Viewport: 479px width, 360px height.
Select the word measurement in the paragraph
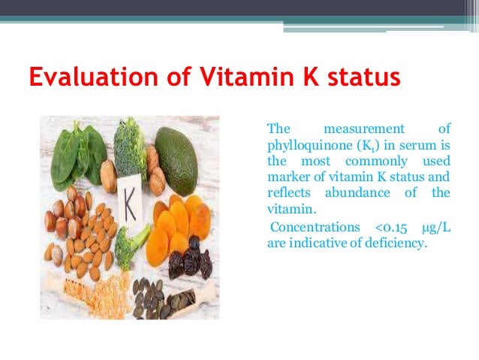click(x=363, y=129)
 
